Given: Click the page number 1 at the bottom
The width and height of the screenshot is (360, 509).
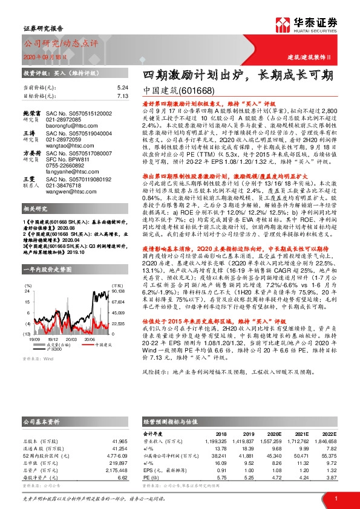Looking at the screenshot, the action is [x=335, y=498].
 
